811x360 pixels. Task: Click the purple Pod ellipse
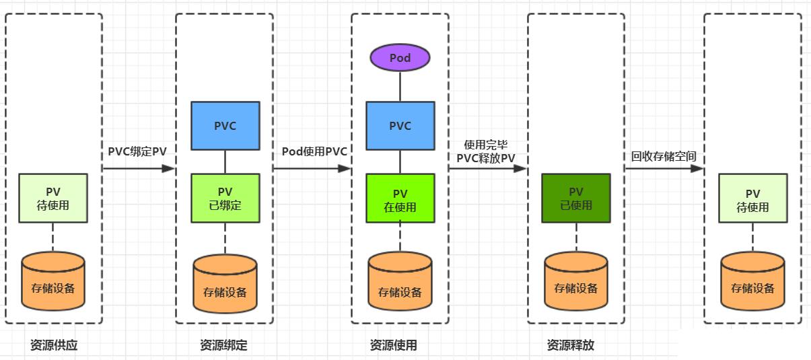400,57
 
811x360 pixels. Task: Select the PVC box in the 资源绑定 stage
225,126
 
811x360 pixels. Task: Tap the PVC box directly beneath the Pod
400,126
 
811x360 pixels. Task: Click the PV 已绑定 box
225,198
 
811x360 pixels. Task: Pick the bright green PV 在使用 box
400,198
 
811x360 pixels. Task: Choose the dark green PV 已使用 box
576,198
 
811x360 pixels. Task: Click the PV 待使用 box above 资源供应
53,198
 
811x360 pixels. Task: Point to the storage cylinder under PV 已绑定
225,284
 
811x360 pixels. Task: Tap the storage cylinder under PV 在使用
400,281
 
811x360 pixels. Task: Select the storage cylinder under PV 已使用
576,281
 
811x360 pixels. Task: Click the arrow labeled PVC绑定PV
139,168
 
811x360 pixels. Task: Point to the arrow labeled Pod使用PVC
312,168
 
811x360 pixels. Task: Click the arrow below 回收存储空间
664,168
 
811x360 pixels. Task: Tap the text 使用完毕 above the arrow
486,145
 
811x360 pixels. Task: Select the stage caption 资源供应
54,345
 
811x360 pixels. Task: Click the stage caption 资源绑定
223,345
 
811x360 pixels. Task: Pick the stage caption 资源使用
394,345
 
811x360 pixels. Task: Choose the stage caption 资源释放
571,345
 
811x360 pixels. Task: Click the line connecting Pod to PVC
400,87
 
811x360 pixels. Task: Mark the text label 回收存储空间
664,156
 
